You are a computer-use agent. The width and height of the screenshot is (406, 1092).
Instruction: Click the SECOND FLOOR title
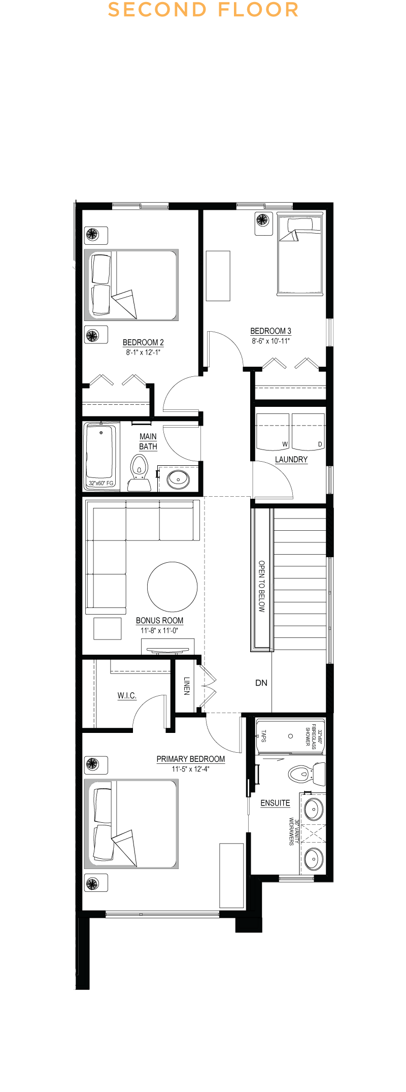203,10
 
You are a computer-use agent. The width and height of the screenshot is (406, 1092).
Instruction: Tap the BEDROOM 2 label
143,342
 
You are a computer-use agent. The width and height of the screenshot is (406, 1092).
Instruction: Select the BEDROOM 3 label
270,331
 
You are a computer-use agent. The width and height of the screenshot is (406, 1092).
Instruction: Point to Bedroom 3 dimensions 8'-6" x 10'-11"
270,341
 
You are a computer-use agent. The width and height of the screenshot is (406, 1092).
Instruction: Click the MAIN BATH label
148,441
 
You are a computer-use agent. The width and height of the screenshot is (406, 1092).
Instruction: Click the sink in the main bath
178,478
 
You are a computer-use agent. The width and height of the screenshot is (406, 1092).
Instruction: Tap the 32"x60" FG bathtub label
101,483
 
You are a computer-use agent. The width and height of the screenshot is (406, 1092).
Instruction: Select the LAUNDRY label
291,460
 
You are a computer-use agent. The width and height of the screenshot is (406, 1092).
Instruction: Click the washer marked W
273,432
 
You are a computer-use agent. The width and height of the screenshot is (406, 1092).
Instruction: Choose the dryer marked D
308,432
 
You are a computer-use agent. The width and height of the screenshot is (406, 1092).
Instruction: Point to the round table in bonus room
173,587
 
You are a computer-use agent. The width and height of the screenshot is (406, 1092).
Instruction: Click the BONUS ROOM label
159,621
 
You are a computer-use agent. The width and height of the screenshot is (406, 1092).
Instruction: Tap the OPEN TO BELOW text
262,586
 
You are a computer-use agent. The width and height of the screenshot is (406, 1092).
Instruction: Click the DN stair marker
261,683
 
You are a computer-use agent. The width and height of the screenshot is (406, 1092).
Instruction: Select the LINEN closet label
187,686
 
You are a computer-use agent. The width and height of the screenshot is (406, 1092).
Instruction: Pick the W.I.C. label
127,696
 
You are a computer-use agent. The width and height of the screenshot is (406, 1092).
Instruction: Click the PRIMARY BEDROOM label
190,759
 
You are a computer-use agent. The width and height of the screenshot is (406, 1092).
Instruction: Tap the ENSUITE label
275,803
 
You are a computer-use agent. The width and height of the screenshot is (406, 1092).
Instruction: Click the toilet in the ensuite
307,774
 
